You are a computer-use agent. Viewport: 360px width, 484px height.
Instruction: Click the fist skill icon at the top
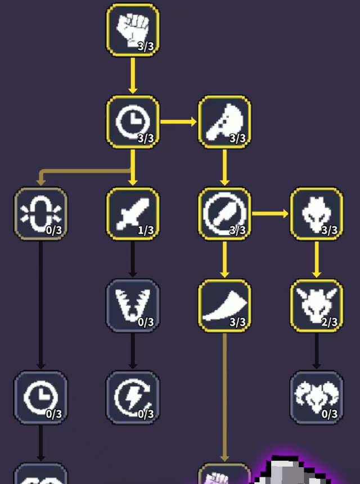click(x=133, y=30)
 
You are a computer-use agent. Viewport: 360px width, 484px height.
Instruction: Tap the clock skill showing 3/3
click(x=133, y=122)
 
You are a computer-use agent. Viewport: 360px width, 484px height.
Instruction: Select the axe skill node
click(x=224, y=122)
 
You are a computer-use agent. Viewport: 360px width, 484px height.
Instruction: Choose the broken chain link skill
click(x=40, y=214)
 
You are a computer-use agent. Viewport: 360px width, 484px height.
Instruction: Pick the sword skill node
click(x=133, y=214)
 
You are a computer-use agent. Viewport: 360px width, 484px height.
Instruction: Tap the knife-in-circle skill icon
click(x=224, y=214)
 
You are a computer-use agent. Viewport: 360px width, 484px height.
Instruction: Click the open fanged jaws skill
click(x=133, y=306)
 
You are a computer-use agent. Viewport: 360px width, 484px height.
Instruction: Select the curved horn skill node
click(x=224, y=306)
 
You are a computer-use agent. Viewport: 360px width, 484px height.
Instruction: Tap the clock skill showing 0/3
click(x=40, y=397)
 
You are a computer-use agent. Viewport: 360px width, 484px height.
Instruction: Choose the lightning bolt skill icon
click(x=133, y=397)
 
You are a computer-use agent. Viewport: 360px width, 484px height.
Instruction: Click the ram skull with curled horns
click(x=316, y=397)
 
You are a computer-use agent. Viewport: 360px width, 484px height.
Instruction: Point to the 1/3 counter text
click(x=146, y=230)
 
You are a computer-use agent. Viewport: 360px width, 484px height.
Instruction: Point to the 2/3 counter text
click(x=330, y=322)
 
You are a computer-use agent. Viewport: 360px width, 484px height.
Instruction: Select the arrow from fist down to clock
click(x=133, y=75)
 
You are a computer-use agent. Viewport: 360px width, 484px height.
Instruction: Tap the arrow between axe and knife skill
click(x=224, y=167)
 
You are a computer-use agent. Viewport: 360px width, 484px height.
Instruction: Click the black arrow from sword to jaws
click(x=133, y=259)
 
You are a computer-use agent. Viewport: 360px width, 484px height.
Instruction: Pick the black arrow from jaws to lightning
click(x=133, y=351)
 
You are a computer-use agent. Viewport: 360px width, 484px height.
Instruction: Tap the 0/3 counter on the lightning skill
click(x=146, y=414)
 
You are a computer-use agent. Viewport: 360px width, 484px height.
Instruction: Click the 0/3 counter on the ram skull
click(x=330, y=414)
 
